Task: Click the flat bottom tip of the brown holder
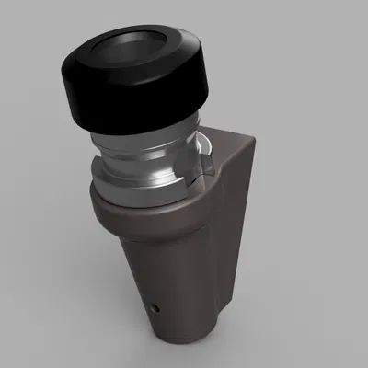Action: [184, 333]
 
